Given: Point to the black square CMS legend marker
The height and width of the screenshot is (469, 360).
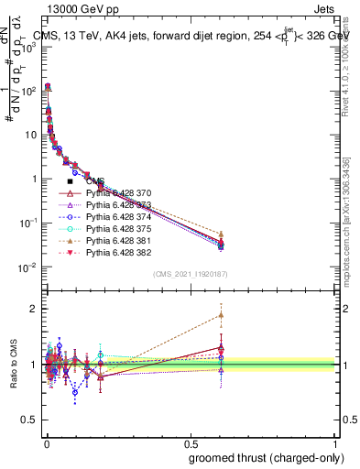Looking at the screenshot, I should click(x=70, y=181).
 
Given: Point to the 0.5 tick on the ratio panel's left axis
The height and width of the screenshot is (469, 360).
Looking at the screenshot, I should click(x=29, y=420).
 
